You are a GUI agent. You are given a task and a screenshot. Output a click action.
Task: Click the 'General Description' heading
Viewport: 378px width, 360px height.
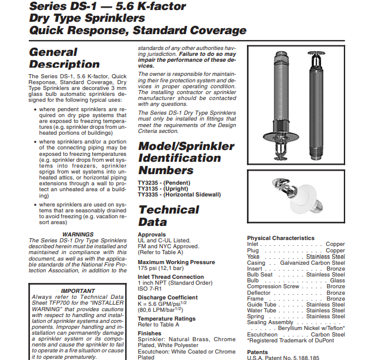(x=64, y=58)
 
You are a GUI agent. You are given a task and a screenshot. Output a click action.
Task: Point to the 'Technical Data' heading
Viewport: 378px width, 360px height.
(x=168, y=215)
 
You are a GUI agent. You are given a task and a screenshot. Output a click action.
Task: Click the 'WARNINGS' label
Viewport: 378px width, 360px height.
(x=78, y=234)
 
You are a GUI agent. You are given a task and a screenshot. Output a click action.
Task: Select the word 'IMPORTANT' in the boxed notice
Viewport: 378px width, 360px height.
(x=78, y=291)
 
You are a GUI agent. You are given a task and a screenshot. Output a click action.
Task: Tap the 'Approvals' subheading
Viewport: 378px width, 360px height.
(x=152, y=234)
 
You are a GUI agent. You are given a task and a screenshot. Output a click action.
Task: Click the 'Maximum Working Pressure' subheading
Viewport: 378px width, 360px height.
(x=176, y=262)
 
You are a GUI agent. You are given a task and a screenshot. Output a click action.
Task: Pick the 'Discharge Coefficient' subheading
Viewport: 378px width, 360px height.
(x=168, y=298)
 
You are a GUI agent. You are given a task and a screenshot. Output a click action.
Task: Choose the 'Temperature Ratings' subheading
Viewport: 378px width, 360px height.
(x=166, y=318)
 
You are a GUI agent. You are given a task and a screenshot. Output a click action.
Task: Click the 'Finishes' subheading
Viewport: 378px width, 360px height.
(x=149, y=333)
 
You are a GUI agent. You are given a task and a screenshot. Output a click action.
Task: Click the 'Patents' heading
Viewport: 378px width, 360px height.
(x=257, y=352)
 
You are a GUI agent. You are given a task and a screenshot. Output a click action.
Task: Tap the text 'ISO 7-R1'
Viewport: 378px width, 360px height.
(x=150, y=289)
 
